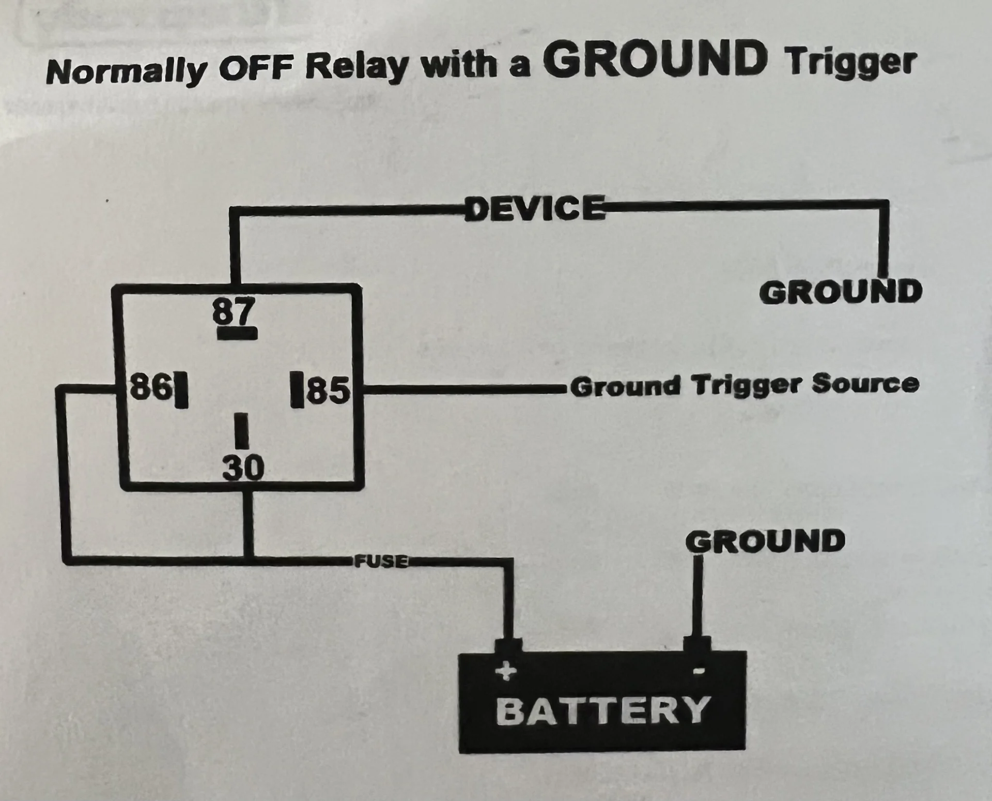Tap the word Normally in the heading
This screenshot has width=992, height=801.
coord(126,71)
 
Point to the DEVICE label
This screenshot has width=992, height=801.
coord(535,208)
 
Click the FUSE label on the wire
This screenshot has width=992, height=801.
coord(381,561)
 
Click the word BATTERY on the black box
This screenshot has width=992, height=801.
coord(602,710)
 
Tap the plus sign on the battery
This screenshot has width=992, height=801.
coord(505,671)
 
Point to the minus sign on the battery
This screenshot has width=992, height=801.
coord(698,671)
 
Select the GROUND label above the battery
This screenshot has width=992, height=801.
coord(765,541)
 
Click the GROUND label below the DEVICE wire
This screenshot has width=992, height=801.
coord(841,292)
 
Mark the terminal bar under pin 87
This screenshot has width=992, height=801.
coord(237,334)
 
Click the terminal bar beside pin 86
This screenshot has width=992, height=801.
coord(181,389)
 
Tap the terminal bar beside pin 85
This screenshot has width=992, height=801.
coord(297,389)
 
